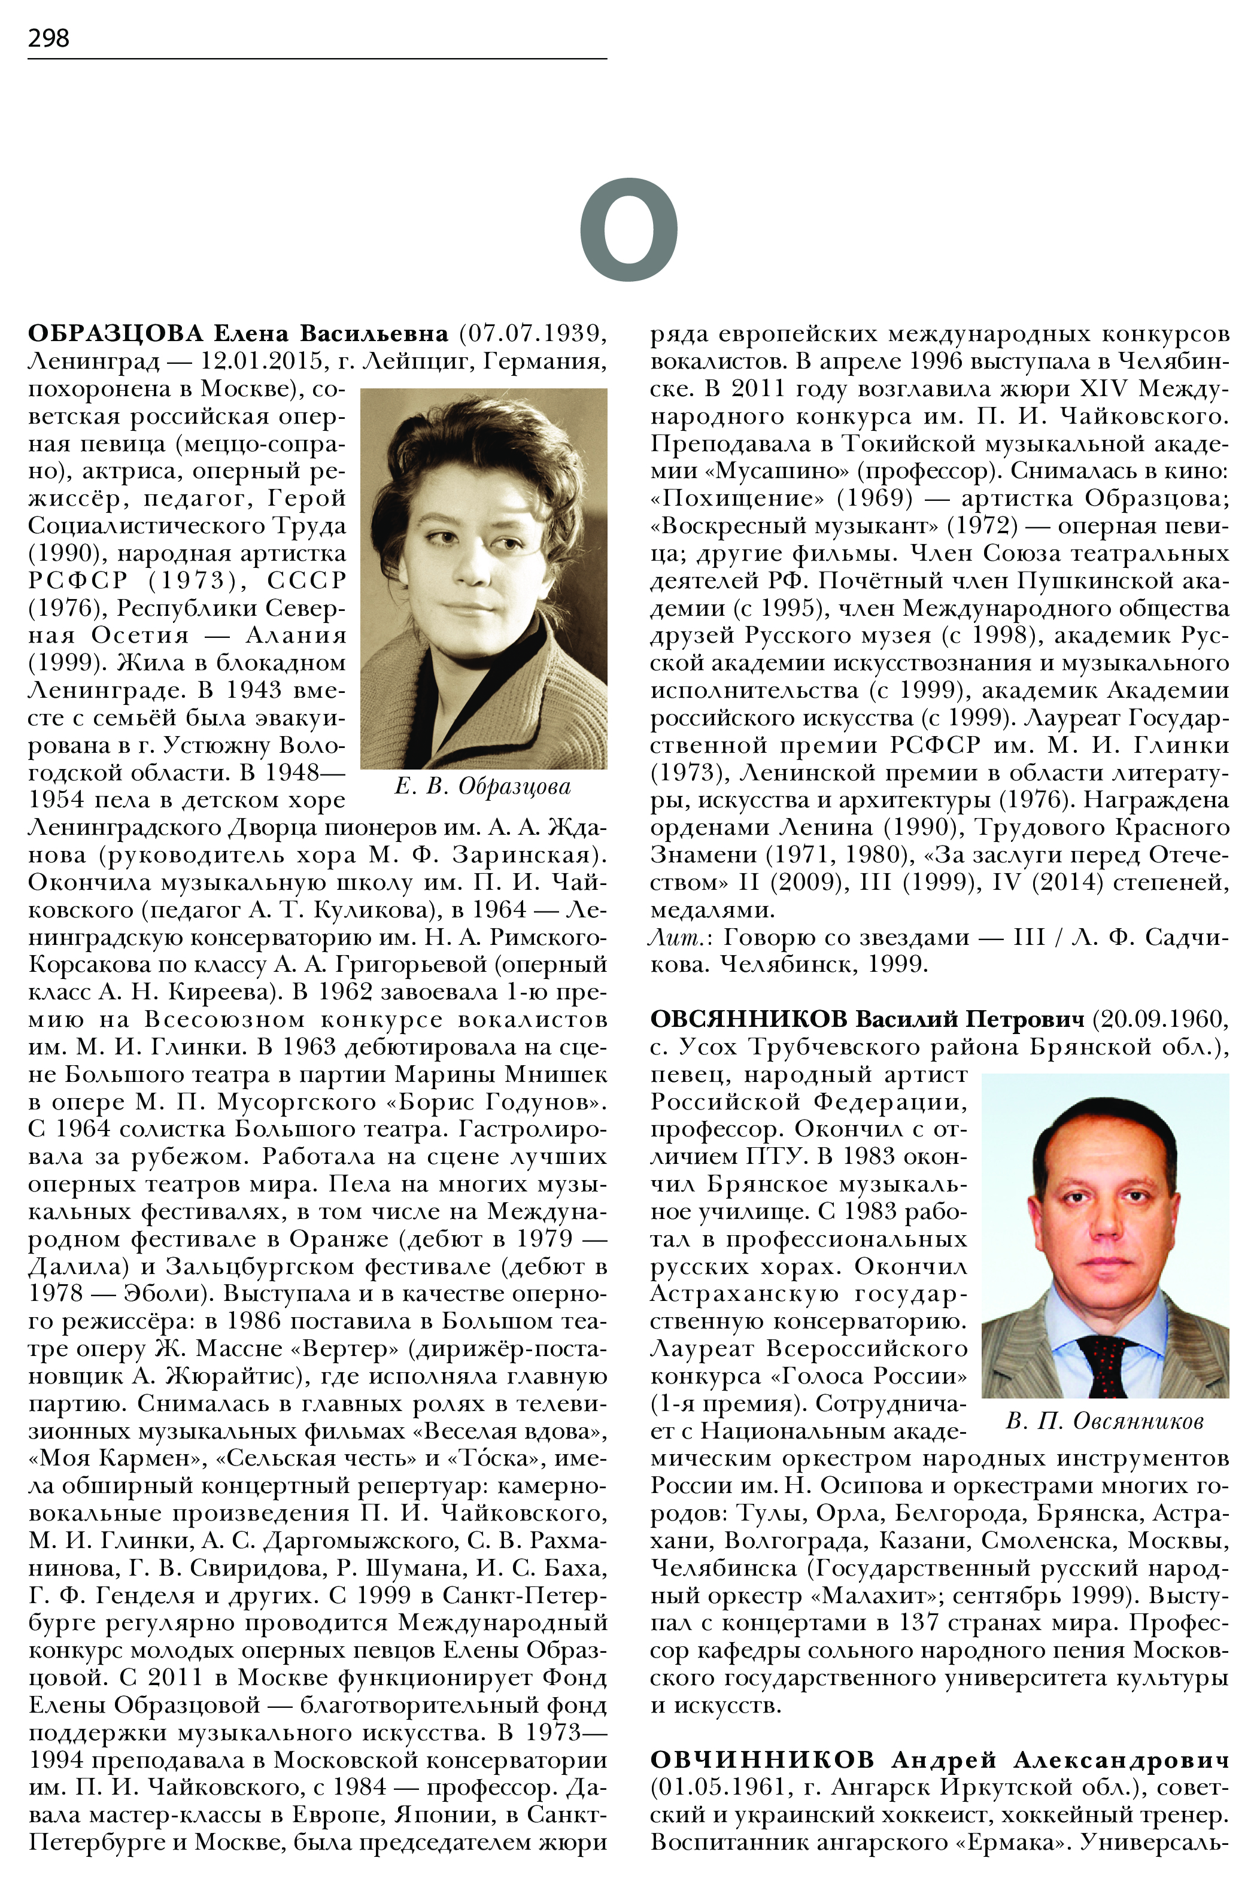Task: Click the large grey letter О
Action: [x=628, y=229]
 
